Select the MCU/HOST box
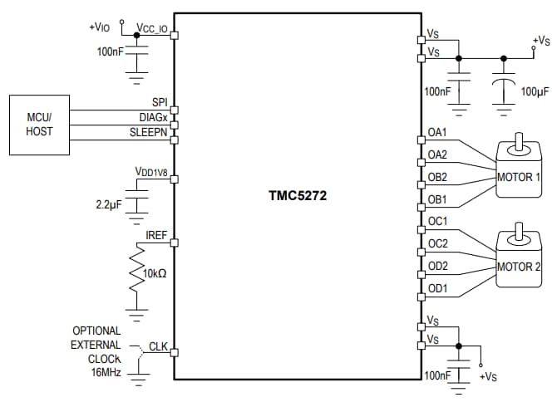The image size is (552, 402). pyautogui.click(x=39, y=125)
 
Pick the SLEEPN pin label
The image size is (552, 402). pyautogui.click(x=149, y=132)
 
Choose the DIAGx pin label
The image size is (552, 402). pyautogui.click(x=153, y=117)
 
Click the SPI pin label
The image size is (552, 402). pyautogui.click(x=160, y=102)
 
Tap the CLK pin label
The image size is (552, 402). pyautogui.click(x=158, y=346)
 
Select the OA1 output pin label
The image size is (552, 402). pyautogui.click(x=437, y=133)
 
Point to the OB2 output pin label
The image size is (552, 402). pyautogui.click(x=437, y=177)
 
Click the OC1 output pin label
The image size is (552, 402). pyautogui.click(x=437, y=222)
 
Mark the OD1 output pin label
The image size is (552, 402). pyautogui.click(x=437, y=288)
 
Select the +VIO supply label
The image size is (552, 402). pyautogui.click(x=99, y=27)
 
